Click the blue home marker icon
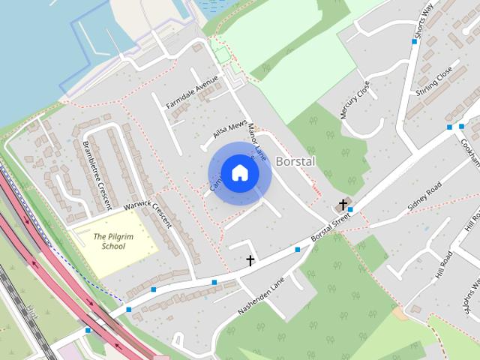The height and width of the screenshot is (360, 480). coord(239,172)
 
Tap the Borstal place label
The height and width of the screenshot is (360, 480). coord(295,161)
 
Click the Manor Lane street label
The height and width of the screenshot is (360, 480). coord(257,139)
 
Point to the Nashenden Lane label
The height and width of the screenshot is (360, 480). coord(259,298)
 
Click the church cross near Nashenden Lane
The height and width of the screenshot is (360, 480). coord(250,260)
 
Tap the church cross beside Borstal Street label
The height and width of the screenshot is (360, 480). coord(343,204)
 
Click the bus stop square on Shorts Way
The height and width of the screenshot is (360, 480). coord(414,42)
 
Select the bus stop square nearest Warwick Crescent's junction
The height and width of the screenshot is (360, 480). coord(154,289)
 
